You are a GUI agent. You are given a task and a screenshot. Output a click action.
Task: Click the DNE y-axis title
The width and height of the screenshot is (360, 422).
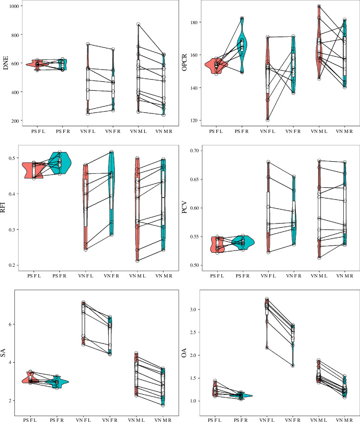pyautogui.click(x=6, y=63)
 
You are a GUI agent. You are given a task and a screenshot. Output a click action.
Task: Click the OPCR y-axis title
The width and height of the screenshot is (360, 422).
pyautogui.click(x=185, y=63)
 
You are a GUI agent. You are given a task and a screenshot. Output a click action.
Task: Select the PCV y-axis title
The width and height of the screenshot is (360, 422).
pyautogui.click(x=185, y=207)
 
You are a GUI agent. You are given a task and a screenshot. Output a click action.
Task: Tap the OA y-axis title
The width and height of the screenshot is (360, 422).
pyautogui.click(x=184, y=353)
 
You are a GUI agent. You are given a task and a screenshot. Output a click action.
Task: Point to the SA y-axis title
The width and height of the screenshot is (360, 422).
pyautogui.click(x=3, y=353)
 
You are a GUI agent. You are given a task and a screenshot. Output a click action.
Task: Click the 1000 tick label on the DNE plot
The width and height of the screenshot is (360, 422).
pyautogui.click(x=14, y=6)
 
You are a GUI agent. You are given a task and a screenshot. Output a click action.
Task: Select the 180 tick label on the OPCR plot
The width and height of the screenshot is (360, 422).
pyautogui.click(x=194, y=22)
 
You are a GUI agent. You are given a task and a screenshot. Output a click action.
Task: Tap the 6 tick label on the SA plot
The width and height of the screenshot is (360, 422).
pyautogui.click(x=10, y=324)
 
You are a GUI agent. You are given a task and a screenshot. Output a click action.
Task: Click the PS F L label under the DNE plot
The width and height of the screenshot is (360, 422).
pyautogui.click(x=38, y=132)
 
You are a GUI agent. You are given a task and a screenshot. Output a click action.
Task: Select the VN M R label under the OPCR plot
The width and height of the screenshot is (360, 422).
pyautogui.click(x=344, y=132)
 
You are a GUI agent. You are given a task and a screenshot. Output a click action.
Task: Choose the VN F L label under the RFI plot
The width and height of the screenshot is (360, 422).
pyautogui.click(x=86, y=276)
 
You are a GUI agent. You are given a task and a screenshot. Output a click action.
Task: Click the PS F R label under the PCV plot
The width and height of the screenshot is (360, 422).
pyautogui.click(x=242, y=276)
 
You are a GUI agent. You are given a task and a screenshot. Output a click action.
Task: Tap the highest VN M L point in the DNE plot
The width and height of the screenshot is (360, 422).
pyautogui.click(x=139, y=25)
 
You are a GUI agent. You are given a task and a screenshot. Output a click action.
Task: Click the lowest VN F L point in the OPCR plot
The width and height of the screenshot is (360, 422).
pyautogui.click(x=267, y=120)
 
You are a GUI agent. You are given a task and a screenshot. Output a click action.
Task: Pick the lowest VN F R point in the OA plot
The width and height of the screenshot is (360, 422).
pyautogui.click(x=293, y=365)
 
